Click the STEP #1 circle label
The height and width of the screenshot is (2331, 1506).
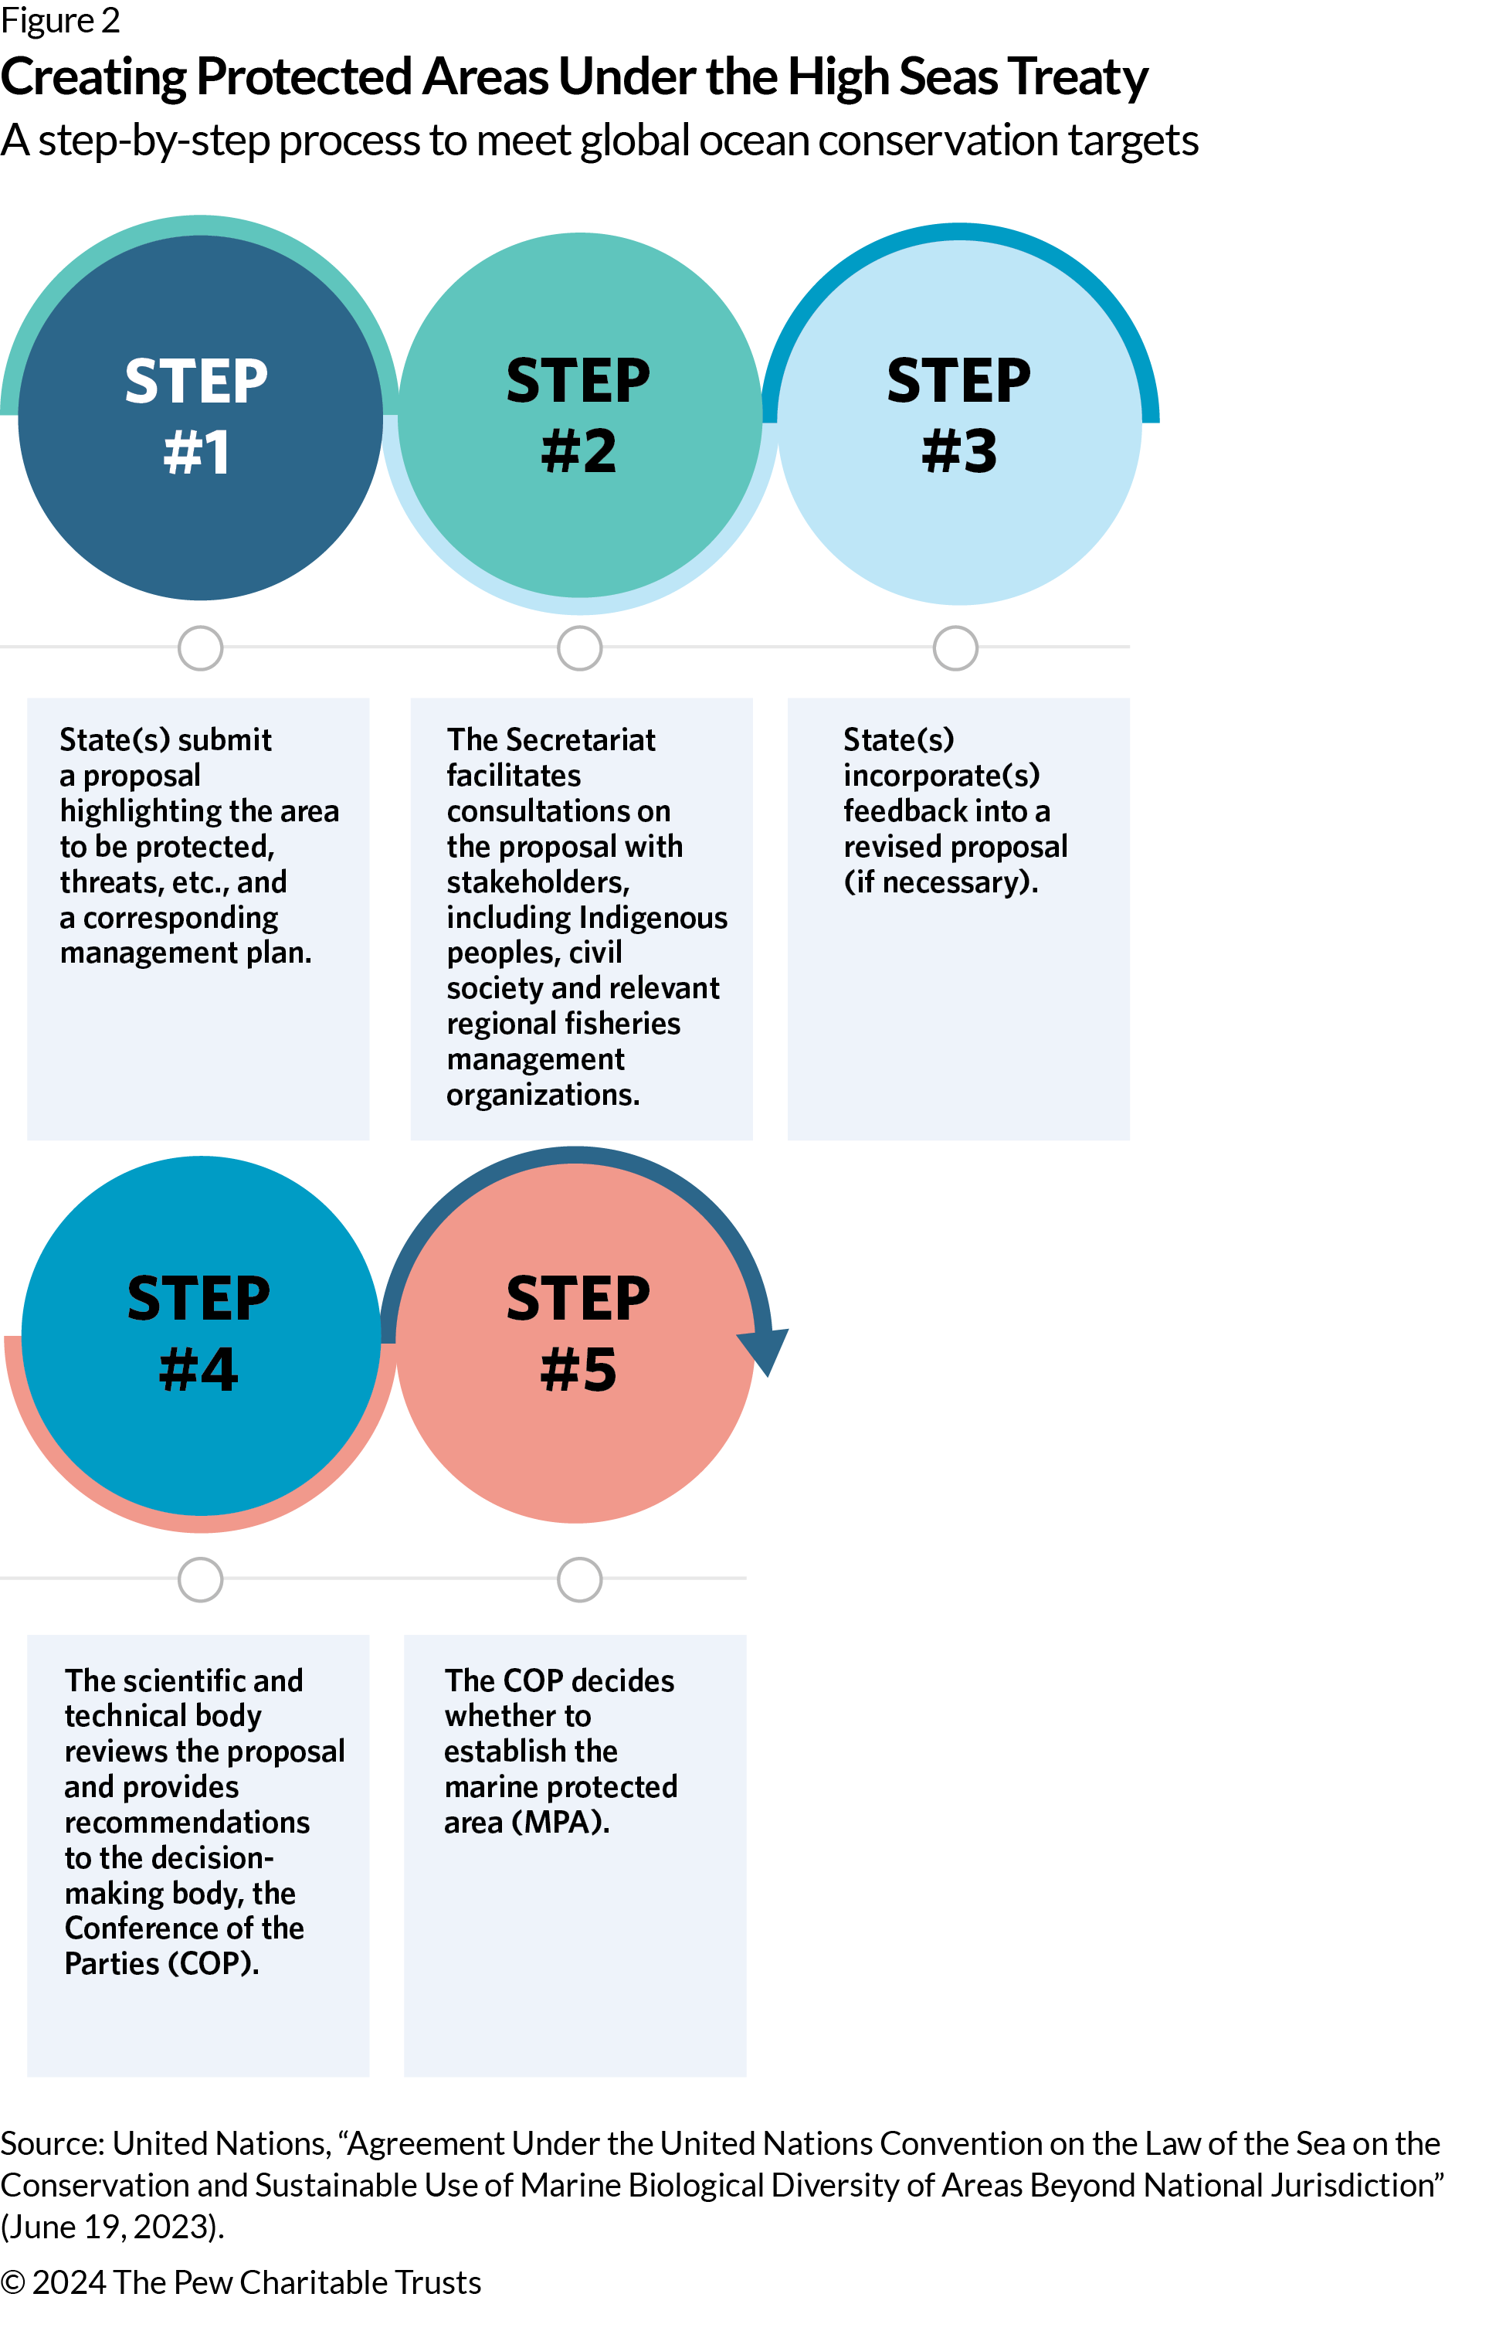coord(197,416)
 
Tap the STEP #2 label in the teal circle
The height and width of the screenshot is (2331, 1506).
coord(578,416)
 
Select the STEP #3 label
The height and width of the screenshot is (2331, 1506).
coord(958,416)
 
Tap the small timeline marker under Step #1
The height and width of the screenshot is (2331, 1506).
coord(201,647)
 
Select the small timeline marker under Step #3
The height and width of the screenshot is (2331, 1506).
coord(955,647)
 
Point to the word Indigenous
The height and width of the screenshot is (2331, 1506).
coord(642,918)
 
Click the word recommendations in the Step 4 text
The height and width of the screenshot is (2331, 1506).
coord(187,1823)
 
